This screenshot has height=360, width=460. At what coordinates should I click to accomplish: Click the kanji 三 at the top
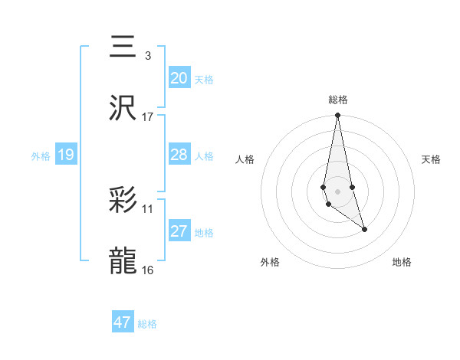click(123, 48)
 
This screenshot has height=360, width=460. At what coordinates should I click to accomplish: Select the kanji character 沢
click(123, 108)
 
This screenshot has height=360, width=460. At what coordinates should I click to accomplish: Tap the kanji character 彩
click(123, 201)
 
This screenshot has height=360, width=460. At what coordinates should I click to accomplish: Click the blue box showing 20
click(179, 78)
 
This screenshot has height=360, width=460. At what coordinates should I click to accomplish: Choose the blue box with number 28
click(179, 155)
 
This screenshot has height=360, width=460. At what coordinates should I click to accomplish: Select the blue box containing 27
click(179, 231)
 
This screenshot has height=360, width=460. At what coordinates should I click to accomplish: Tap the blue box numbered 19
click(66, 155)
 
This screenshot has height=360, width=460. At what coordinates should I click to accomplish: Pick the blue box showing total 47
click(123, 322)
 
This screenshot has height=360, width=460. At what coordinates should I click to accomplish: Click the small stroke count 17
click(148, 117)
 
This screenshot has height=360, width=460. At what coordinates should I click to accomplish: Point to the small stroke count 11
click(148, 208)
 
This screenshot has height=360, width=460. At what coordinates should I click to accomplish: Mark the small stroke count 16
click(148, 270)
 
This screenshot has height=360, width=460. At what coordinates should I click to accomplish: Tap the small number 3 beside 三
click(147, 55)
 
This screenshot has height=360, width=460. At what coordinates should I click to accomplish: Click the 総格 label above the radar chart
click(338, 100)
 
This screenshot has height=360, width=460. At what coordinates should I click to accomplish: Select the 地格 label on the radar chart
click(402, 262)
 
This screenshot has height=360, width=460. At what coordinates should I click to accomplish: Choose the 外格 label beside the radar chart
click(270, 262)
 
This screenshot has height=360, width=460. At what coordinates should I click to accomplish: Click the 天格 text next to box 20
click(204, 79)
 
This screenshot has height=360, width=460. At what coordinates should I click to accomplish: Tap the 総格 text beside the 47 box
click(147, 324)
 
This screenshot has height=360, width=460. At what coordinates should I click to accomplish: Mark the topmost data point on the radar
click(337, 116)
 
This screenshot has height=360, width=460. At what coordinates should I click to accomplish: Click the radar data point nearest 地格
click(364, 229)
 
